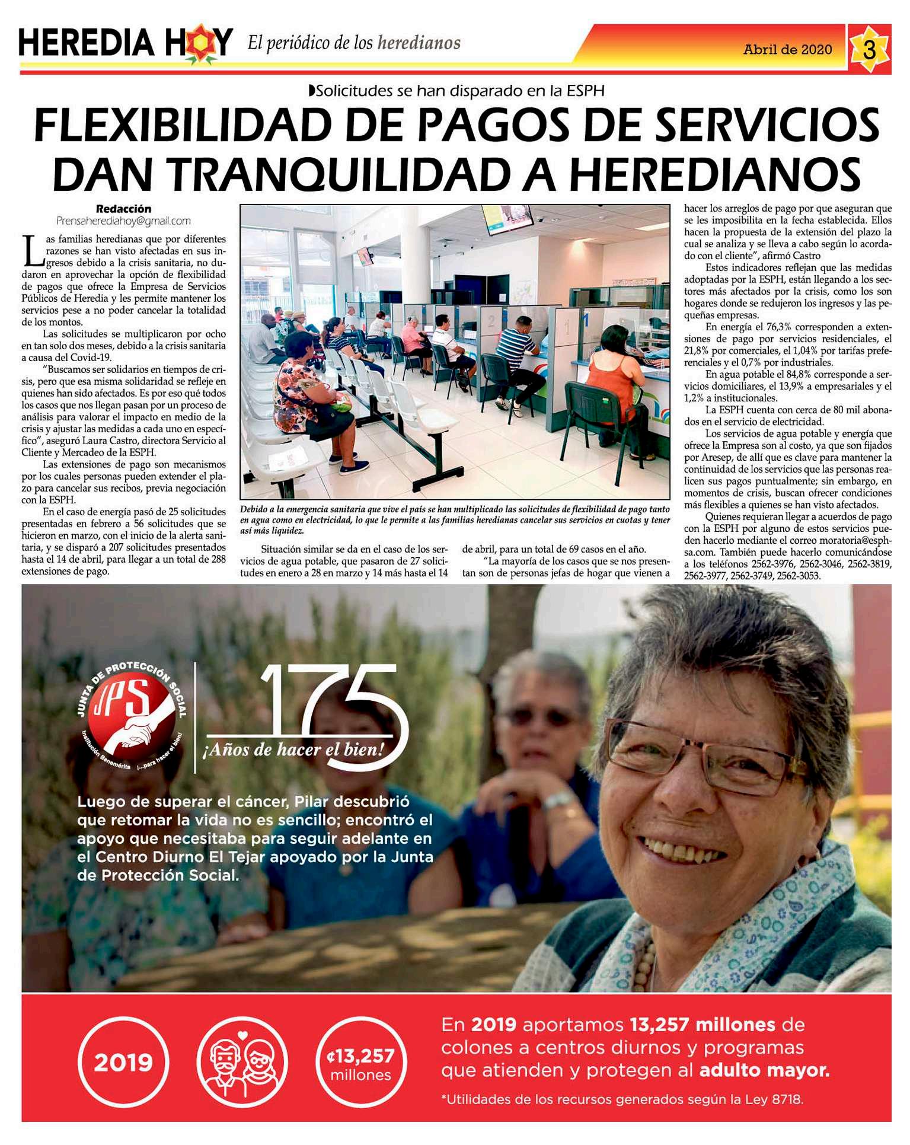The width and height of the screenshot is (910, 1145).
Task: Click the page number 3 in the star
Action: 869,50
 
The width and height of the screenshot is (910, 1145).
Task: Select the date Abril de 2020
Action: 787,50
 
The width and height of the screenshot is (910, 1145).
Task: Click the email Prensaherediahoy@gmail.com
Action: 123,221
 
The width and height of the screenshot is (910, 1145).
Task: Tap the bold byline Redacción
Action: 123,209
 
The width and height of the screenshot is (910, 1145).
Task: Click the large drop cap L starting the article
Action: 33,251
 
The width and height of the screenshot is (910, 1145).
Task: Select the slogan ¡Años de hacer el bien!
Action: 293,750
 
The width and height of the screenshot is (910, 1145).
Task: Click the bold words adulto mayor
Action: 764,1070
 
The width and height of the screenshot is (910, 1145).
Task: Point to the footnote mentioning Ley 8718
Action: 622,1099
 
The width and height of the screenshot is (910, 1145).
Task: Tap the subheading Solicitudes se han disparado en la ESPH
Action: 456,91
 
